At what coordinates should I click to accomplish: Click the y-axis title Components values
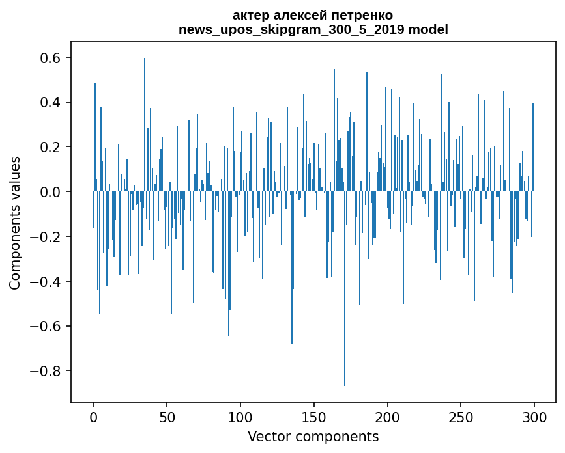tap(15, 223)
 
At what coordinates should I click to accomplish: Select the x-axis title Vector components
tap(313, 437)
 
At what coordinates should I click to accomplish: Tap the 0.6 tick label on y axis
tap(51, 58)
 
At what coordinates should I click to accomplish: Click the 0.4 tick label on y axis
tap(51, 103)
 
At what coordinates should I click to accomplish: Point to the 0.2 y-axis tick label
tap(51, 147)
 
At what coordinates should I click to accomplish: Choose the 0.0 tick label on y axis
tap(51, 192)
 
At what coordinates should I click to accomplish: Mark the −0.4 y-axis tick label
tap(47, 282)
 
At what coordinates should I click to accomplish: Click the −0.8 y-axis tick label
tap(47, 371)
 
